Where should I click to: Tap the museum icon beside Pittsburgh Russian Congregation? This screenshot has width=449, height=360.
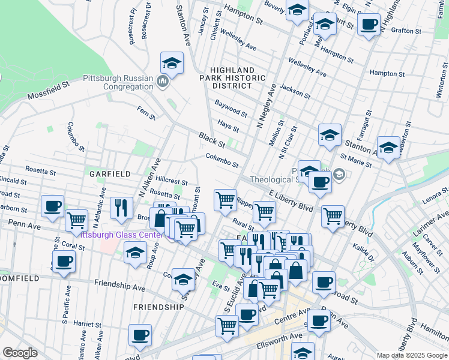pos(162,81)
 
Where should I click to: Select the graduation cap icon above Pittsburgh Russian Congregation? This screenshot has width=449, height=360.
pos(172,63)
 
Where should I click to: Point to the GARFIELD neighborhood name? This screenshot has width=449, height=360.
pos(110,174)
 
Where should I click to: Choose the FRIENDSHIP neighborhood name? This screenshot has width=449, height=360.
pos(158,307)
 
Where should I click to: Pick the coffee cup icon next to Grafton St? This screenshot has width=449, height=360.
pos(369,25)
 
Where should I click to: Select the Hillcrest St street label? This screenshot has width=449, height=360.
pos(172,180)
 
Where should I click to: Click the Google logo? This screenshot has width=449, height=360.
pos(20,353)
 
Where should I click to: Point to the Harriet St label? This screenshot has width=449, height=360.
pos(87,324)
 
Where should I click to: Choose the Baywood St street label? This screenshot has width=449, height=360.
pos(231,109)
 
